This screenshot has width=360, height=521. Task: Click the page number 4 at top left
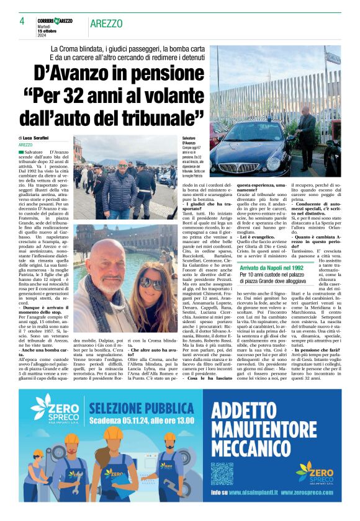coord(22,20)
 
